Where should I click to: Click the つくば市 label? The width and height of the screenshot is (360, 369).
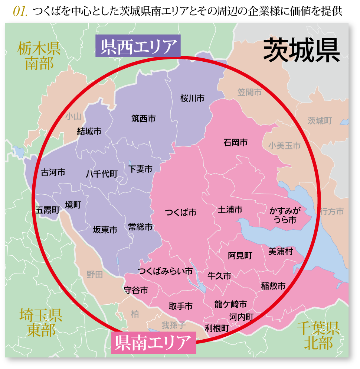click(180, 213)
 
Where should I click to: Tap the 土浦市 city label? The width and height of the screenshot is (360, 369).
click(230, 210)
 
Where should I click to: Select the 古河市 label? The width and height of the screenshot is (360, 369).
click(53, 173)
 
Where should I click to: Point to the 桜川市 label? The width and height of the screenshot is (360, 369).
click(192, 98)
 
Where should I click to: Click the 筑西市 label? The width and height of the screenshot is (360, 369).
click(144, 119)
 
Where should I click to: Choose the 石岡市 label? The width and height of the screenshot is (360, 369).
click(235, 142)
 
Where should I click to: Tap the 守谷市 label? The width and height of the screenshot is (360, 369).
click(136, 290)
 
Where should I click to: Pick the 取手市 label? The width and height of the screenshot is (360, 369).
click(180, 306)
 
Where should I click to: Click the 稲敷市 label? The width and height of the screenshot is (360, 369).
click(273, 286)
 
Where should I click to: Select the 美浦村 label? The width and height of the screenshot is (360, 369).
click(281, 252)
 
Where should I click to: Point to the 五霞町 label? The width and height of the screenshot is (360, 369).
click(48, 210)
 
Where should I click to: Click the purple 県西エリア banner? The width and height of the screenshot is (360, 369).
click(138, 46)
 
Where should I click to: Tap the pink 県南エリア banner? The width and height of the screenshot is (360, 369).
click(153, 343)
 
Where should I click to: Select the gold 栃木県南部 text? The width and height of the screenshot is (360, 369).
click(39, 56)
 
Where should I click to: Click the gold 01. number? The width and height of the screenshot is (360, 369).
click(20, 12)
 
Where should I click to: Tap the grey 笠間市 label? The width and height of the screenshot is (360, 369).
click(249, 92)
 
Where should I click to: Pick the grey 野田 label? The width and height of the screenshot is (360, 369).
click(95, 275)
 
